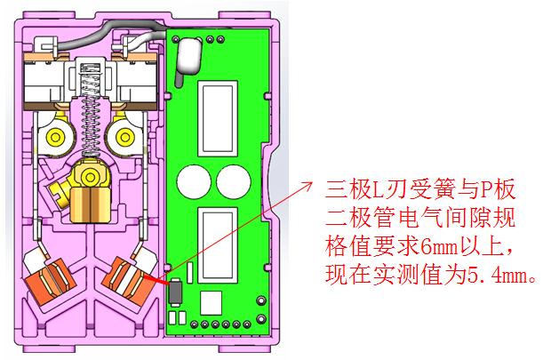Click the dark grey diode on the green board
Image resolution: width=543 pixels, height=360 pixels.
point(175,292)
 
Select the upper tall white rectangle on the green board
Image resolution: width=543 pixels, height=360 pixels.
point(218,118)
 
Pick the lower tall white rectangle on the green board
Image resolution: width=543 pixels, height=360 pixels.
point(218,245)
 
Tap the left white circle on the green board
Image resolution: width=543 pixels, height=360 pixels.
point(194,182)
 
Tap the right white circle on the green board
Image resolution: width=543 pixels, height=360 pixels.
point(234,182)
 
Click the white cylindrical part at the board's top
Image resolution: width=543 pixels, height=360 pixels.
point(189,55)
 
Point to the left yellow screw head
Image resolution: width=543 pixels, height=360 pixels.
point(55,138)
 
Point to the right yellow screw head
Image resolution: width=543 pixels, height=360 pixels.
point(125,138)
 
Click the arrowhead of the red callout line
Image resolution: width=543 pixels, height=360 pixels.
point(307,185)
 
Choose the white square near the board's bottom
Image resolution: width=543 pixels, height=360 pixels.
point(211,303)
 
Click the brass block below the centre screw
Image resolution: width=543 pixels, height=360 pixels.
point(90,204)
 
